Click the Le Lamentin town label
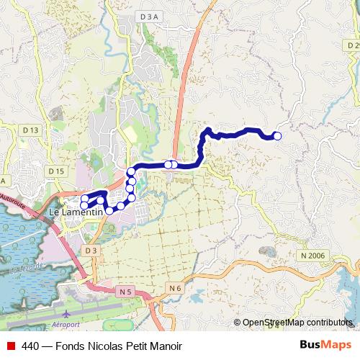point(76,214)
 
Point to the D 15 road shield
point(56,171)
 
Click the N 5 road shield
point(126,292)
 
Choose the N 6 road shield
point(175,288)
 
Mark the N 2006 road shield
point(314,256)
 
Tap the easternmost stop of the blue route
point(277,135)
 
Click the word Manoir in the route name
point(164,346)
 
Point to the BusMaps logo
point(320,346)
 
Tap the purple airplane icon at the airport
point(67,315)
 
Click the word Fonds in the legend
point(73,346)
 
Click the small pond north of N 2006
point(268,251)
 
